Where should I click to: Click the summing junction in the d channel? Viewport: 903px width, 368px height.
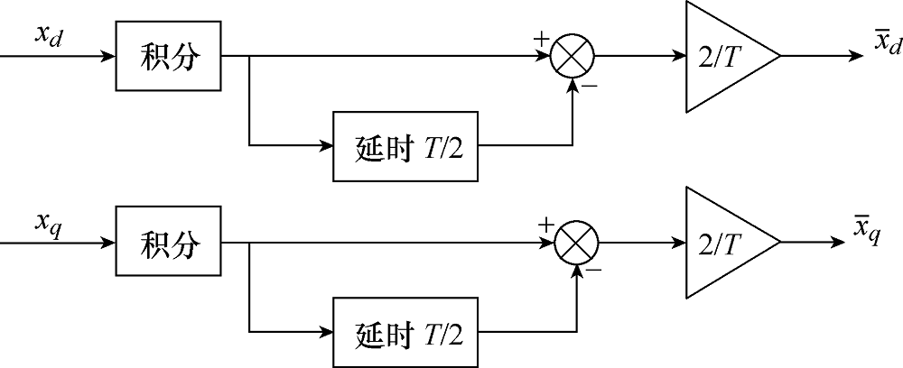pyautogui.click(x=573, y=57)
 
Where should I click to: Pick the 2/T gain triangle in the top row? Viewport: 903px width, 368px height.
pyautogui.click(x=721, y=57)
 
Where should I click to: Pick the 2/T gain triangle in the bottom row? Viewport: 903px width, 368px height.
pyautogui.click(x=721, y=243)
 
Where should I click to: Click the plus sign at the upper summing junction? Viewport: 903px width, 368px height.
pyautogui.click(x=541, y=39)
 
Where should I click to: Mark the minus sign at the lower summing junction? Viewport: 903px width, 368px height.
pyautogui.click(x=592, y=270)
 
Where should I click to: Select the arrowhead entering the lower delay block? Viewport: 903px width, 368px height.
pyautogui.click(x=327, y=332)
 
